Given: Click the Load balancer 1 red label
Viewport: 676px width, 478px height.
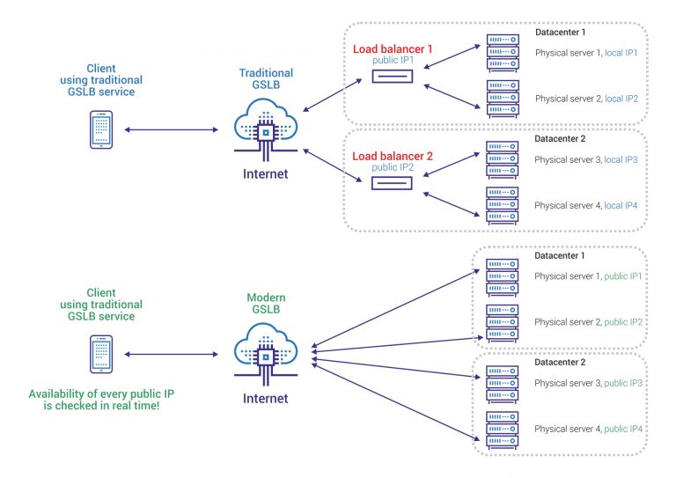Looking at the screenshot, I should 393,49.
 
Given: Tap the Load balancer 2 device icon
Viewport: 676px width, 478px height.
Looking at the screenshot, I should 392,183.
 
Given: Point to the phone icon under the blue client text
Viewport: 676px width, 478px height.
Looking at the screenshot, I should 102,129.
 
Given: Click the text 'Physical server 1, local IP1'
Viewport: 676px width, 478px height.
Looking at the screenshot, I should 585,53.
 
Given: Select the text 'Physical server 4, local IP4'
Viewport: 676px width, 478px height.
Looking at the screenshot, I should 585,205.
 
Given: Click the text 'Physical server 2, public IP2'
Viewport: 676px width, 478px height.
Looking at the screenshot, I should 587,322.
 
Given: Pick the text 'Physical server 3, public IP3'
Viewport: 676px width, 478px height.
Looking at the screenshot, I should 587,383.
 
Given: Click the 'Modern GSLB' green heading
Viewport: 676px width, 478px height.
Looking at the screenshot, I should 264,305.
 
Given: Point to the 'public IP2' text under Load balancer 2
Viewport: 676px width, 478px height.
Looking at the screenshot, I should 392,167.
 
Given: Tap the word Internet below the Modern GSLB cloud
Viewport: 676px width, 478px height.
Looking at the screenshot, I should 264,398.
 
